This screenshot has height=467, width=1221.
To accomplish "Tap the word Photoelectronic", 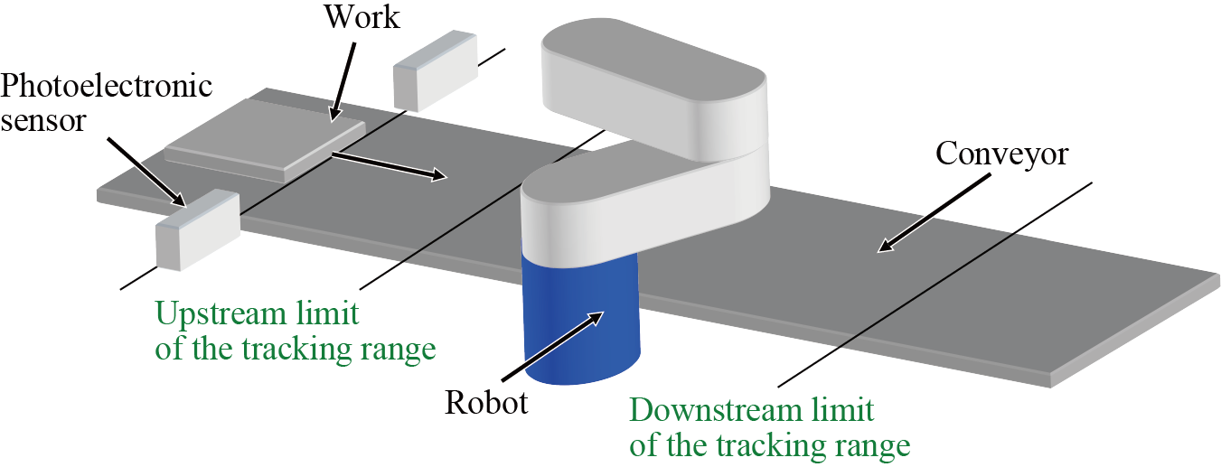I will click(x=107, y=86).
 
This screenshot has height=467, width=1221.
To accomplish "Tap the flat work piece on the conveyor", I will click(x=267, y=139).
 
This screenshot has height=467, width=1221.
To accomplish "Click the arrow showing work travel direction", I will click(x=389, y=167).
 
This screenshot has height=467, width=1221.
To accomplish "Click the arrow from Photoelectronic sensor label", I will click(x=146, y=172).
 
